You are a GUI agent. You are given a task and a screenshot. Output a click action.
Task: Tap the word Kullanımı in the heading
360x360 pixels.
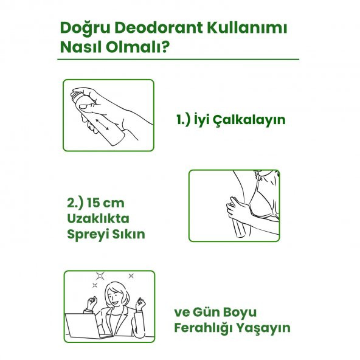coord(247,28)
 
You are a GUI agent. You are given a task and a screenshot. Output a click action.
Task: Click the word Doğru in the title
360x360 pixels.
coord(85,29)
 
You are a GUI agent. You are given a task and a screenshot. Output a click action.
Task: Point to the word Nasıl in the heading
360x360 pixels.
coord(81,47)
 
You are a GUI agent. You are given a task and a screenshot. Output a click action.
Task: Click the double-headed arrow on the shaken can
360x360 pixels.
coord(102,125)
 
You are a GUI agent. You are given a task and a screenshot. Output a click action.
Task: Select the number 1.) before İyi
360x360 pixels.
coord(184,119)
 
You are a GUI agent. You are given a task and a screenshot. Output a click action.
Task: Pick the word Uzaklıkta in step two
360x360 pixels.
coord(98,218)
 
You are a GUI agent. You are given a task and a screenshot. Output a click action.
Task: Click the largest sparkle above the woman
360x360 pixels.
coord(100,275)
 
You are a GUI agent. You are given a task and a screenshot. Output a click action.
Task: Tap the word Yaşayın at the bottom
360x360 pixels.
coord(263,328)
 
